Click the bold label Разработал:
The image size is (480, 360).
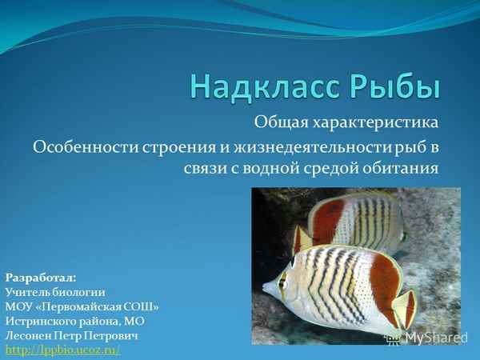[x=41, y=277]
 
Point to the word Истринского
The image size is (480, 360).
[x=40, y=321]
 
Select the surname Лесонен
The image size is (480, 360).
[x=29, y=335]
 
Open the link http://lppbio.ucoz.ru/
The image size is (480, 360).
[x=62, y=350]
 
